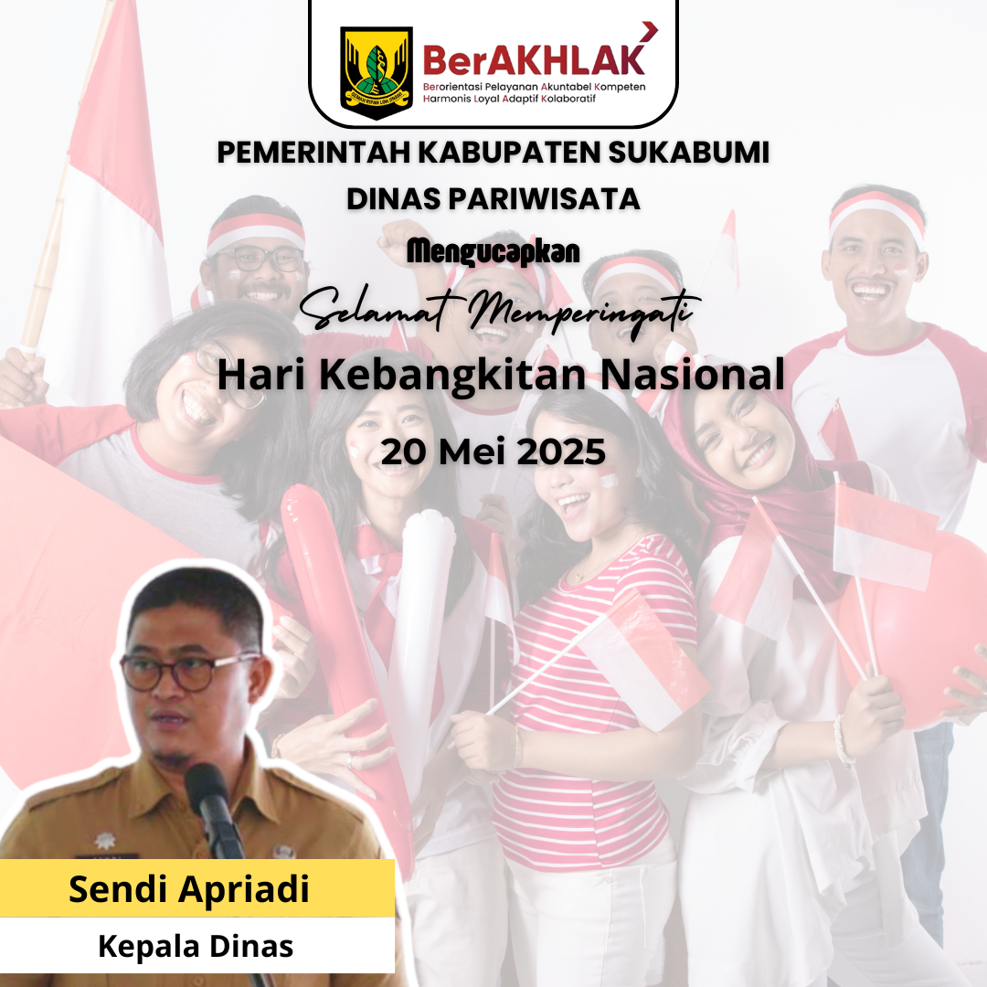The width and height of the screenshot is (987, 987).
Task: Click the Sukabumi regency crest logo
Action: tap(377, 72)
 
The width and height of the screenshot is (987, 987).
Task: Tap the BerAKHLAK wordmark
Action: tap(535, 59)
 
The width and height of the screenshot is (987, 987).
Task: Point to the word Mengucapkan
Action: tap(493, 252)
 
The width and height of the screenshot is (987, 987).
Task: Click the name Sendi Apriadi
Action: tap(189, 889)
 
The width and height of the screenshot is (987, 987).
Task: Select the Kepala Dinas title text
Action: tap(196, 946)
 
